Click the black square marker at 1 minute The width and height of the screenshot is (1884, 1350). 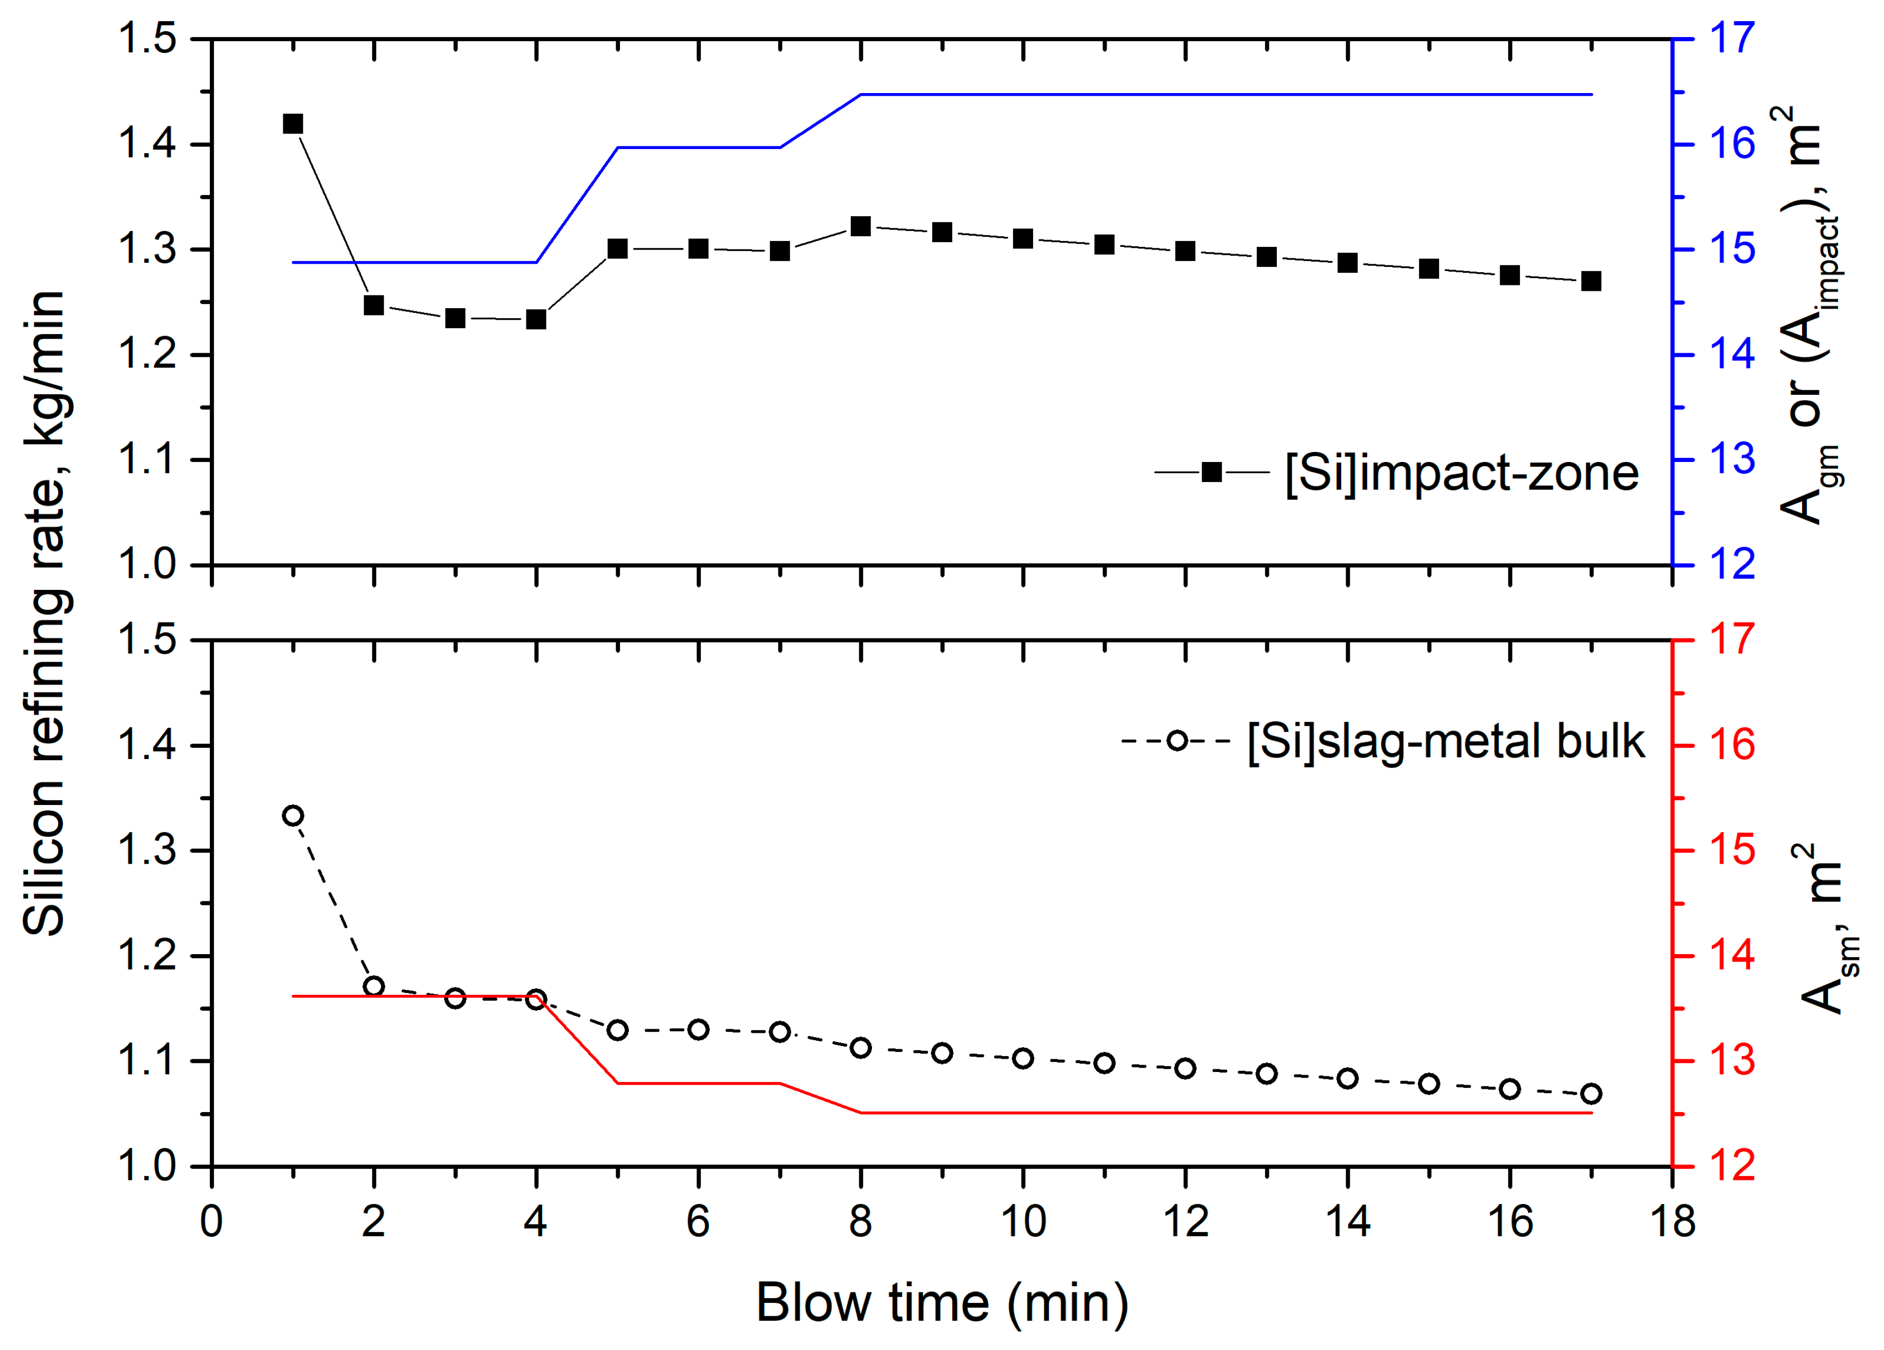click(292, 124)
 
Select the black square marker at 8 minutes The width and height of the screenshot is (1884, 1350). click(860, 226)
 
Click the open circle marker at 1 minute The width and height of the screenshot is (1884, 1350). click(292, 815)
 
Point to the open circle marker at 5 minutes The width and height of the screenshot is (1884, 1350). click(617, 1030)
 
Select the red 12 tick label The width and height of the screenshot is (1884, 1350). click(1731, 1167)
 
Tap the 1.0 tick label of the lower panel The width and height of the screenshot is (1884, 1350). click(148, 1167)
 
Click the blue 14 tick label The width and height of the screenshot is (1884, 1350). click(1731, 355)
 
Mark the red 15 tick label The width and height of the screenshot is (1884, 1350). click(1731, 850)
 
